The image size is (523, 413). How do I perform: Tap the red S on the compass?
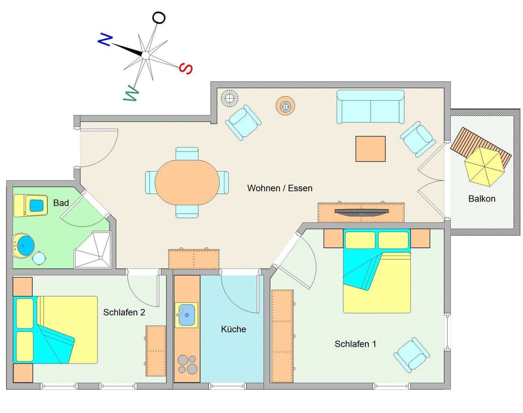click(x=186, y=69)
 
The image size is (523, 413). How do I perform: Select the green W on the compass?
click(x=131, y=93)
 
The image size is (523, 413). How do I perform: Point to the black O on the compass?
click(x=159, y=17)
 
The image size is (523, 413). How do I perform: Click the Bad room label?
click(x=61, y=203)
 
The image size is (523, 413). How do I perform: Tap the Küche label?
click(x=234, y=329)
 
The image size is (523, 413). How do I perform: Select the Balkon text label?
click(x=482, y=199)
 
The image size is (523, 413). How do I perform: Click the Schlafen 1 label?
click(x=355, y=344)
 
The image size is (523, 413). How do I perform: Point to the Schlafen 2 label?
click(x=124, y=313)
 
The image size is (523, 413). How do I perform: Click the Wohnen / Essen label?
click(x=280, y=188)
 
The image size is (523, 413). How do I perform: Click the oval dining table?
click(x=187, y=183)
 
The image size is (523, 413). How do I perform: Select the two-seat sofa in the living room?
click(x=370, y=107)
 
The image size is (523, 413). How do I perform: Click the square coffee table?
click(x=370, y=149)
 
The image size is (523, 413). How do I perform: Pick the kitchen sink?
click(x=186, y=315)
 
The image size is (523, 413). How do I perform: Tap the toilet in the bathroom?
click(x=31, y=205)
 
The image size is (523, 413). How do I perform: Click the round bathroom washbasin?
click(x=23, y=246)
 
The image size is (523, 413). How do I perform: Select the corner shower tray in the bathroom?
click(x=93, y=250)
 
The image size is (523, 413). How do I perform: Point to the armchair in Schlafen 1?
click(x=412, y=355)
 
